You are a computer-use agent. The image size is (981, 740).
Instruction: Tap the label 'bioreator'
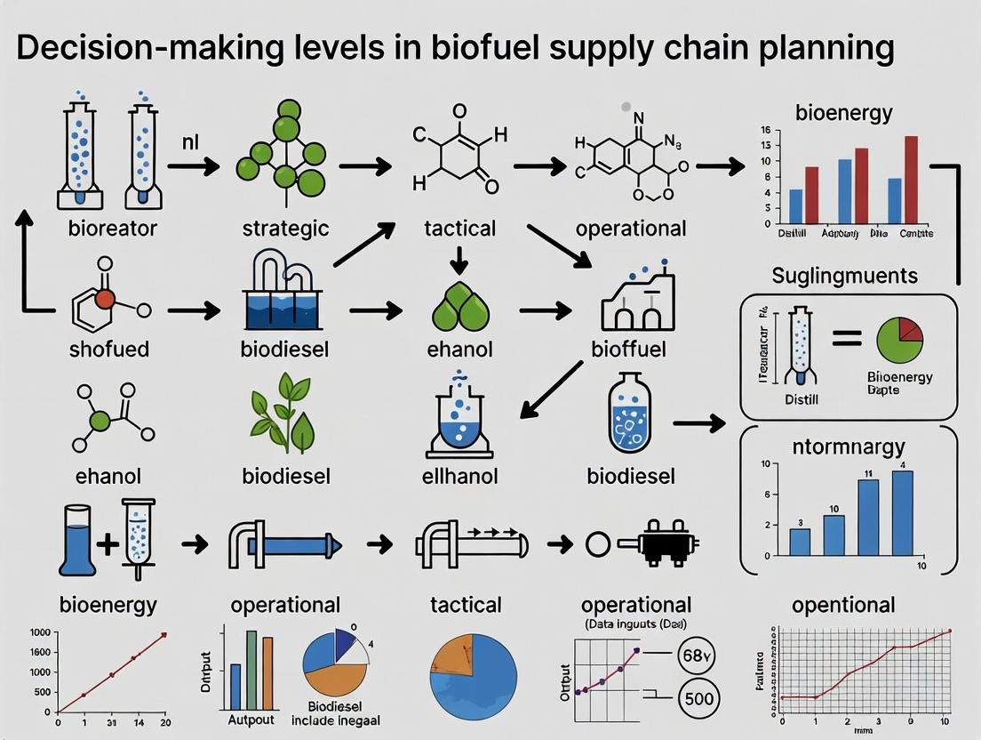pyautogui.click(x=113, y=229)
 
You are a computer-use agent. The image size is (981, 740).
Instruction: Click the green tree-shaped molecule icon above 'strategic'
pyautogui.click(x=282, y=150)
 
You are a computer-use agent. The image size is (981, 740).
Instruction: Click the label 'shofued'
pyautogui.click(x=109, y=349)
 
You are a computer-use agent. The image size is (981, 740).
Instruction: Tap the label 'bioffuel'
pyautogui.click(x=629, y=349)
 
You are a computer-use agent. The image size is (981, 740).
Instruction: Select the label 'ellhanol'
pyautogui.click(x=459, y=476)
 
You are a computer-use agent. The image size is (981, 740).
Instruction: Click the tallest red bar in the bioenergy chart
pyautogui.click(x=911, y=179)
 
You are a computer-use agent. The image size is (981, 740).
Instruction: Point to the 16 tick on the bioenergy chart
pyautogui.click(x=762, y=131)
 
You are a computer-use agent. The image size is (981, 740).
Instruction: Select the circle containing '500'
pyautogui.click(x=698, y=699)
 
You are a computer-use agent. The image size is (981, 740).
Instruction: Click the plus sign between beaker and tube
pyautogui.click(x=108, y=542)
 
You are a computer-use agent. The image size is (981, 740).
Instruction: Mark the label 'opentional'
pyautogui.click(x=843, y=605)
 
